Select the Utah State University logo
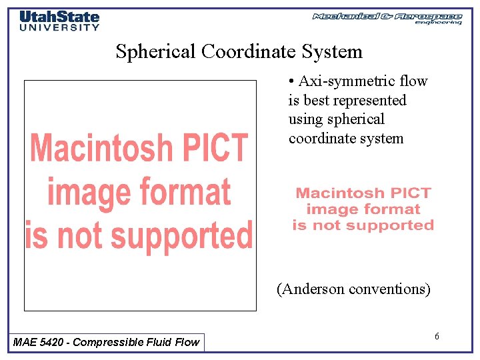[59, 21]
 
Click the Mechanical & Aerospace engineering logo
[387, 18]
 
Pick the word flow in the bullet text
[414, 81]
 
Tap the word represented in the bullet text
[375, 101]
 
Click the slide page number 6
[437, 336]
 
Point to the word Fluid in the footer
[155, 342]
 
